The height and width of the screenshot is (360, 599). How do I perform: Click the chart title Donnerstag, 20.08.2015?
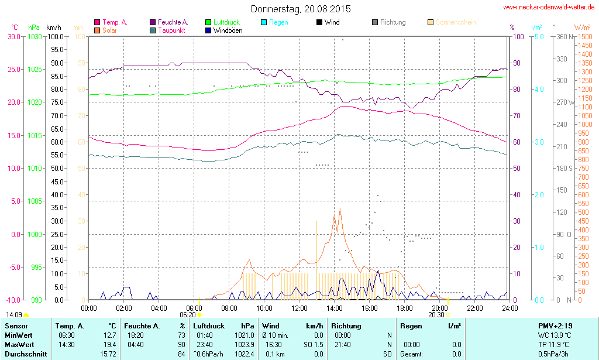[301, 9]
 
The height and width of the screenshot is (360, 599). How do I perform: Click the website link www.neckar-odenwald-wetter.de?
[549, 8]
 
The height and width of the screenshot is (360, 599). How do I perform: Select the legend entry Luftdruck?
[226, 22]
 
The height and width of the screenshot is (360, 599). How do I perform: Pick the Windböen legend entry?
[228, 30]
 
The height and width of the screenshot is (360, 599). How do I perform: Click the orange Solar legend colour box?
[97, 30]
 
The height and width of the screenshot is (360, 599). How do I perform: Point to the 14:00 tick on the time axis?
[335, 308]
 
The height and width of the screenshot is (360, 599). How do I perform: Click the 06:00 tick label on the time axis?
[194, 308]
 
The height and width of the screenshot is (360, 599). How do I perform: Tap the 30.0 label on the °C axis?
[14, 36]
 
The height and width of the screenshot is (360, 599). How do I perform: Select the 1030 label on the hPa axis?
[35, 36]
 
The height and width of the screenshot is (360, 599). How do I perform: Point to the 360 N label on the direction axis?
[562, 36]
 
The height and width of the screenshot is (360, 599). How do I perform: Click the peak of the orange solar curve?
[340, 209]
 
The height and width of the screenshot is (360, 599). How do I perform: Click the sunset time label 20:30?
[436, 314]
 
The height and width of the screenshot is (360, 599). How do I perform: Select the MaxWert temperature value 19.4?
[108, 344]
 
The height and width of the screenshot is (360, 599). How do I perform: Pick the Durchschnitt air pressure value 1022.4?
[245, 354]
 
